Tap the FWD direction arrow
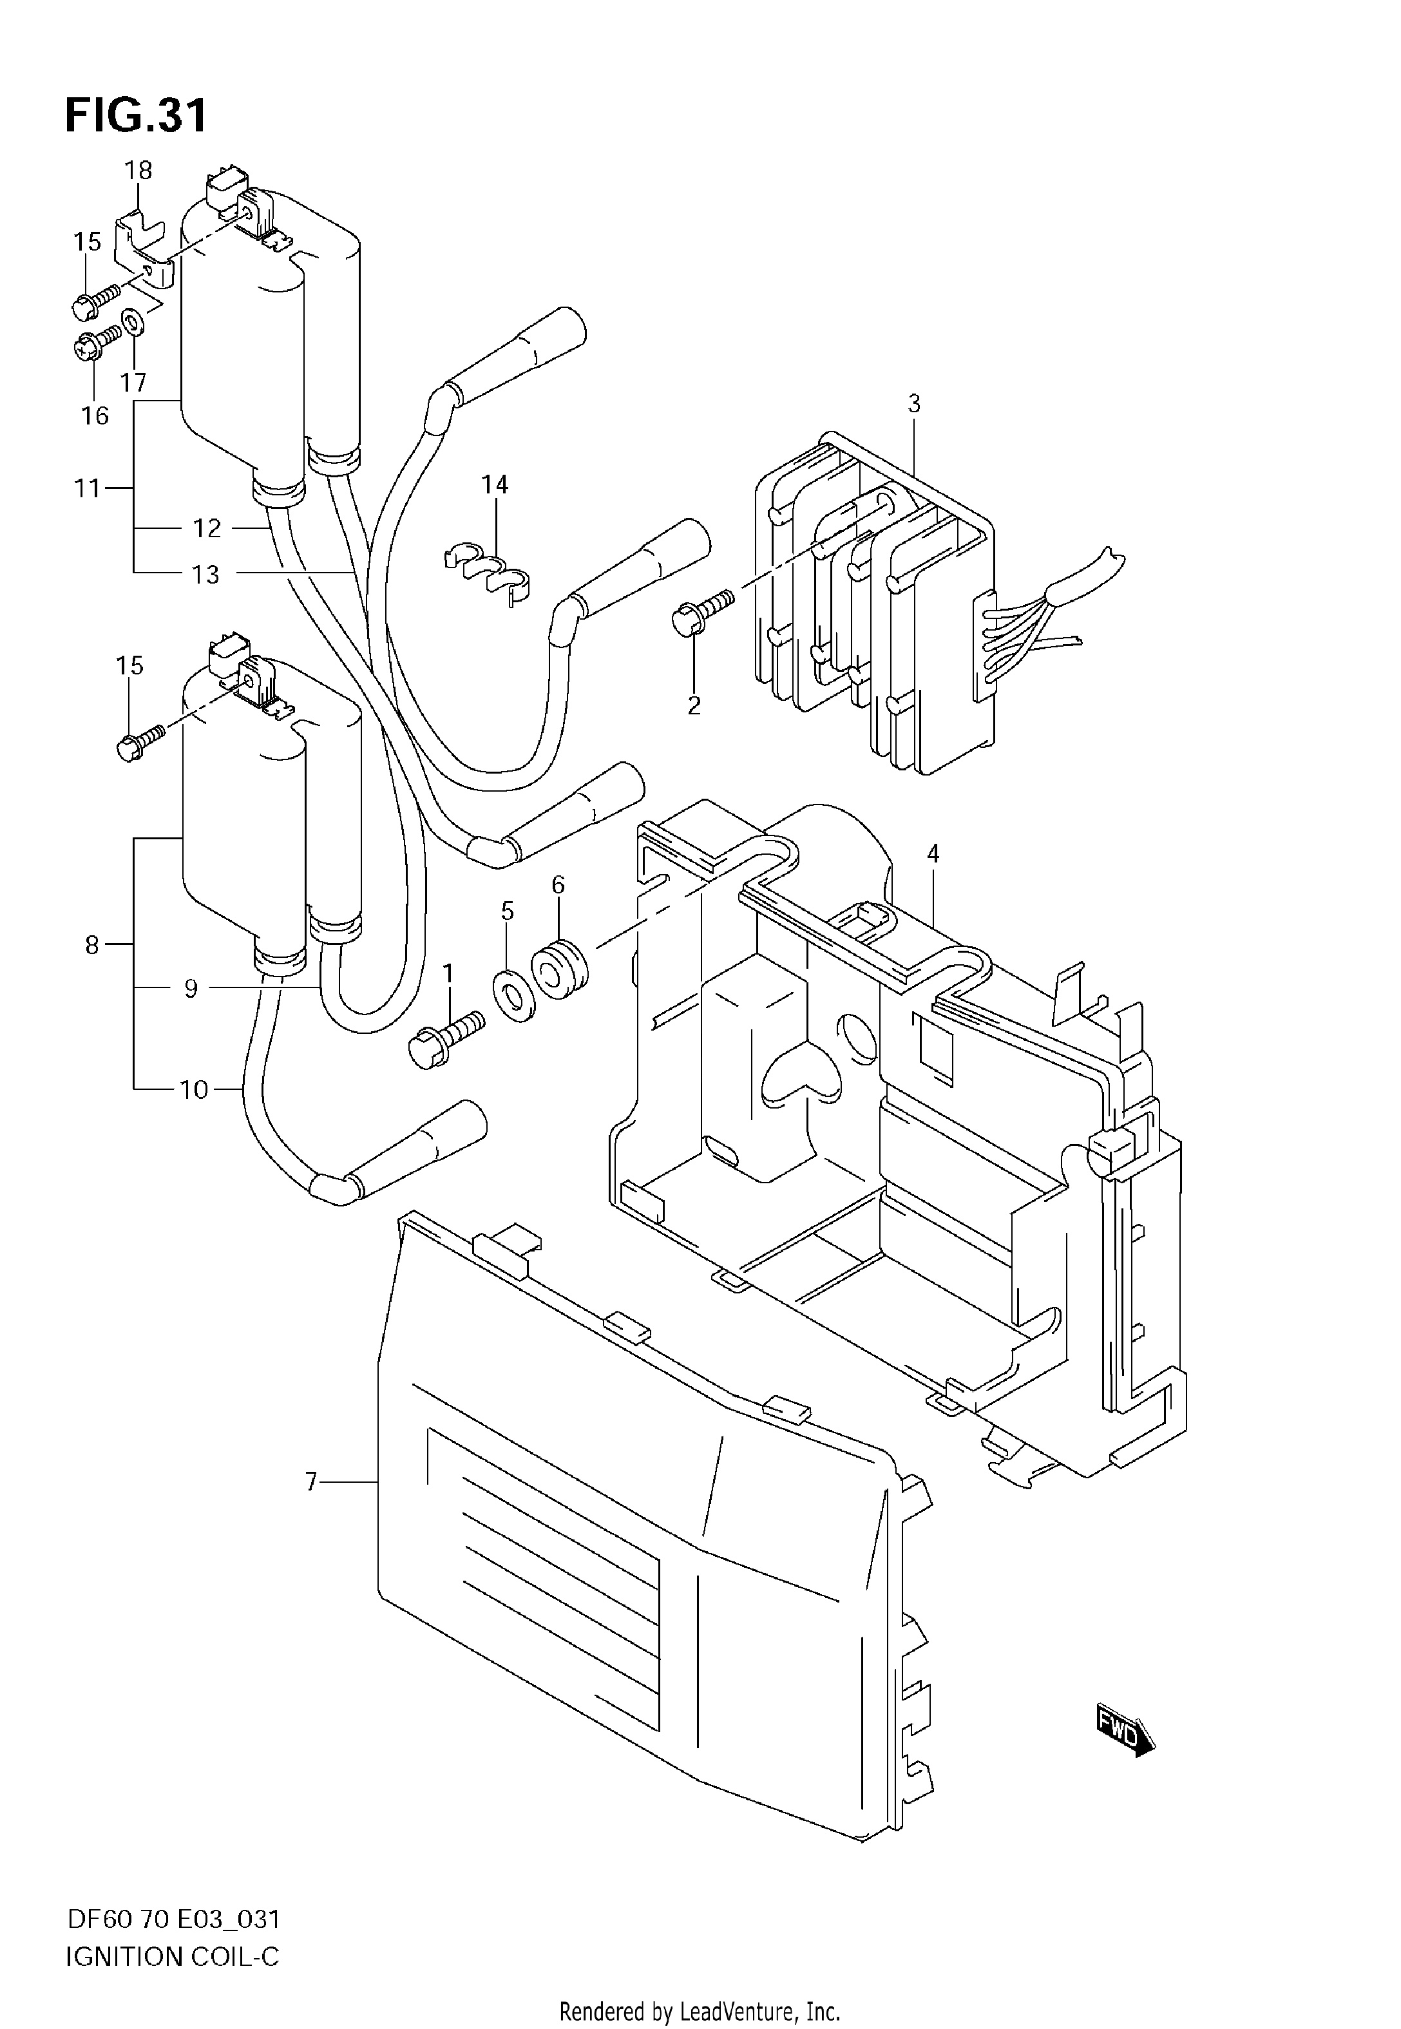coord(1125,1731)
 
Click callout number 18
coord(138,170)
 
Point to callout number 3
coord(914,404)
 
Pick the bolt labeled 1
coord(448,1037)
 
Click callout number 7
coord(310,1482)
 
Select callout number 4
coord(933,853)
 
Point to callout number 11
coord(87,488)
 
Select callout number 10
coord(194,1090)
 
